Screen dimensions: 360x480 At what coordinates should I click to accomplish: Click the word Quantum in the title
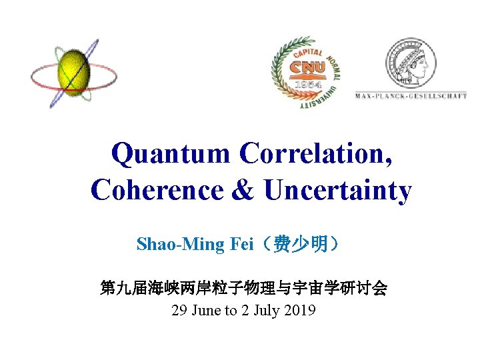170,154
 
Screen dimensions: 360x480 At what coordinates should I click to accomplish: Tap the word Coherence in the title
157,191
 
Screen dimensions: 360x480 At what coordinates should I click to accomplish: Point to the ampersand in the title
243,191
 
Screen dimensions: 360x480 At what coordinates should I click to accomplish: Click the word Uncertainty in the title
338,191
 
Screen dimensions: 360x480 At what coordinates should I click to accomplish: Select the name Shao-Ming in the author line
171,244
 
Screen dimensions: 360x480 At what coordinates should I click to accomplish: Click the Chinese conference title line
243,289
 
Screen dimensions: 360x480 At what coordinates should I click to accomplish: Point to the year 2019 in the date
300,311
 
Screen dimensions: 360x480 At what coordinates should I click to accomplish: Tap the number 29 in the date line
179,311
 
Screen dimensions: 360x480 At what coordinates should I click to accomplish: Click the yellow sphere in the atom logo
73,73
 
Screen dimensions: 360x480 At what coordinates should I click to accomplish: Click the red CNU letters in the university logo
307,67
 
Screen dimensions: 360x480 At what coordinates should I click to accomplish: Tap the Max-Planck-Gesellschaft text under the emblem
411,96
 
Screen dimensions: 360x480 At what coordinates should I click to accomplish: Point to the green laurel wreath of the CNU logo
278,73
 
